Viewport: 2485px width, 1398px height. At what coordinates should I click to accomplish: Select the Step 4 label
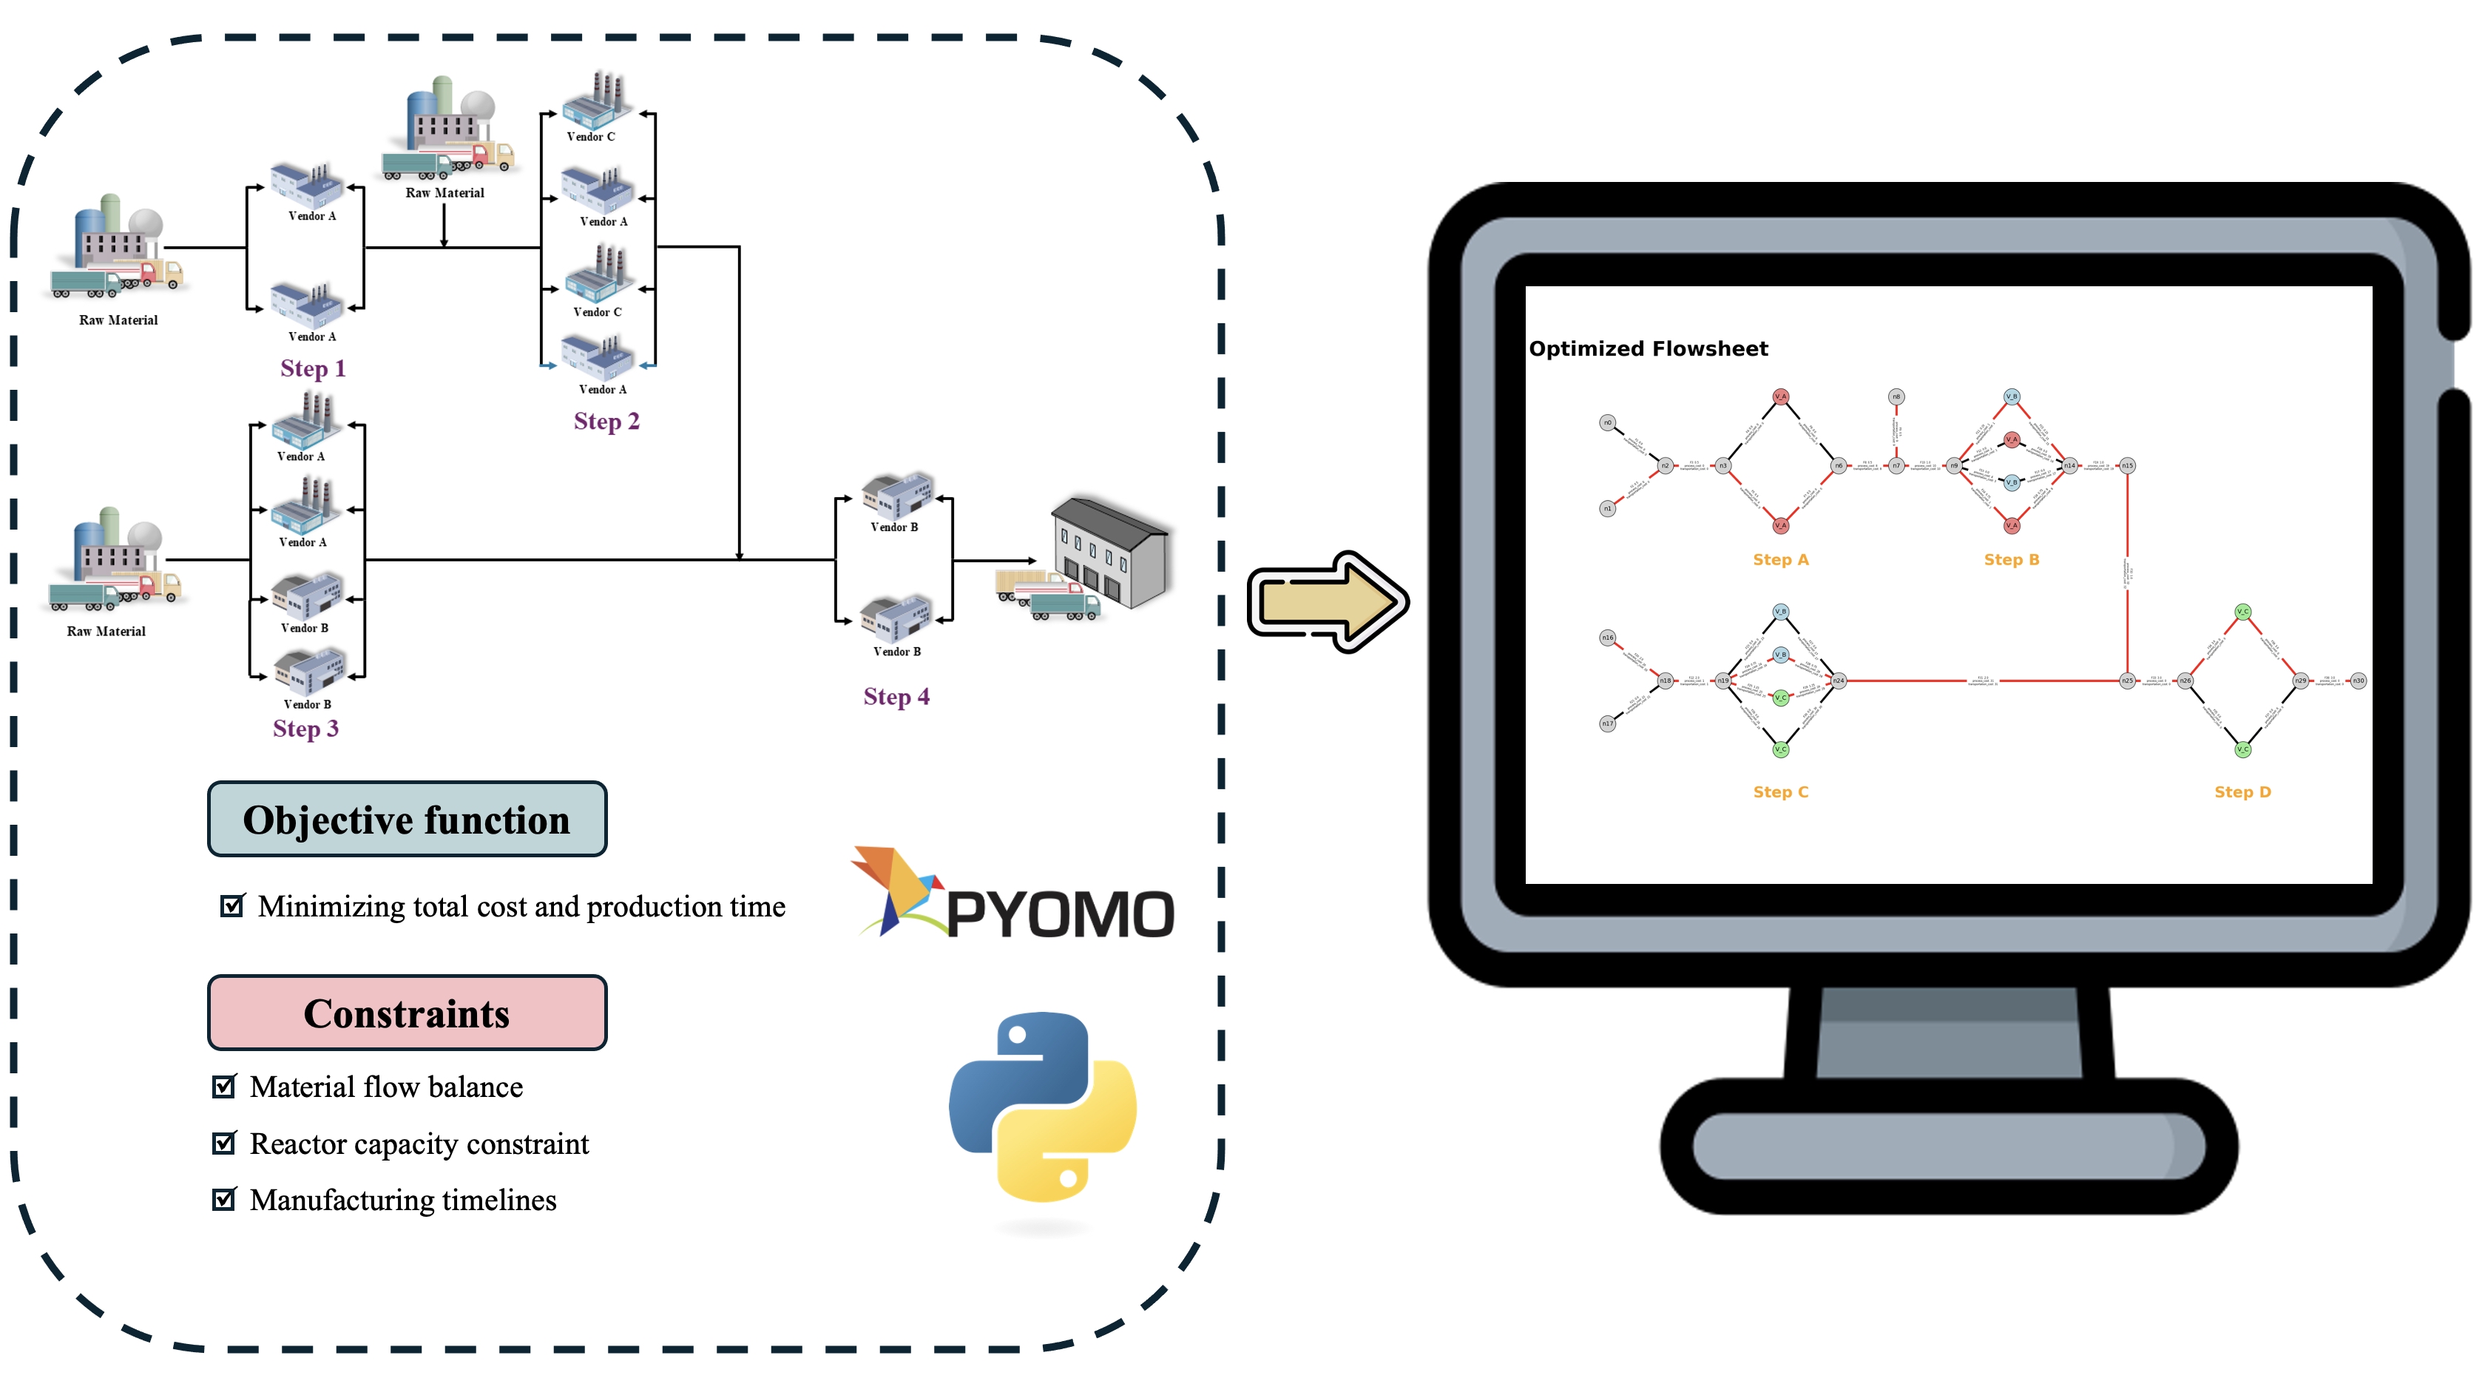(896, 697)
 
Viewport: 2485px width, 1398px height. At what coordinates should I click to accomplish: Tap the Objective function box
(407, 819)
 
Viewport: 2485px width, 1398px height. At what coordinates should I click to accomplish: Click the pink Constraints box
(407, 1013)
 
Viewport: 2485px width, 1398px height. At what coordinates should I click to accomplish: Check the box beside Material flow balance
(224, 1087)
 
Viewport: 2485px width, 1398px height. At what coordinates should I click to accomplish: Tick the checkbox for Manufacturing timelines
(224, 1199)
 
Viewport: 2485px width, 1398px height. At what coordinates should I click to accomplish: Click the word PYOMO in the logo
(1059, 914)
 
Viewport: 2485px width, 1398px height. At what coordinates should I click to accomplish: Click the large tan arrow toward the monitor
(1328, 602)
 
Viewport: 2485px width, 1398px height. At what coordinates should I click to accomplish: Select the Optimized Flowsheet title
(1648, 348)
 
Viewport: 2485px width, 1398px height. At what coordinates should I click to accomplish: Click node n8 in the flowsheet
(1896, 396)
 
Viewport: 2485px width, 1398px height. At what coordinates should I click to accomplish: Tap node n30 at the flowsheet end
(2358, 681)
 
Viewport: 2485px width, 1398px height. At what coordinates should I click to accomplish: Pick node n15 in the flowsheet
(2127, 466)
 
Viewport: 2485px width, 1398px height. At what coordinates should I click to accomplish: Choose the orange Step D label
(2242, 792)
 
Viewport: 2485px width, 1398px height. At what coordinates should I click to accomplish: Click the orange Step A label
(1780, 560)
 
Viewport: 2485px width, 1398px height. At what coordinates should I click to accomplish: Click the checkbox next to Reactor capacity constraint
(224, 1144)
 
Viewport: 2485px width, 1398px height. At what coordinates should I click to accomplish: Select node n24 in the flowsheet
(1839, 681)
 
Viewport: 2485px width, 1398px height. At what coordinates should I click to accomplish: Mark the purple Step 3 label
(305, 729)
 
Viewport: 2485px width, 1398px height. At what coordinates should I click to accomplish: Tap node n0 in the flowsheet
(1607, 422)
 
